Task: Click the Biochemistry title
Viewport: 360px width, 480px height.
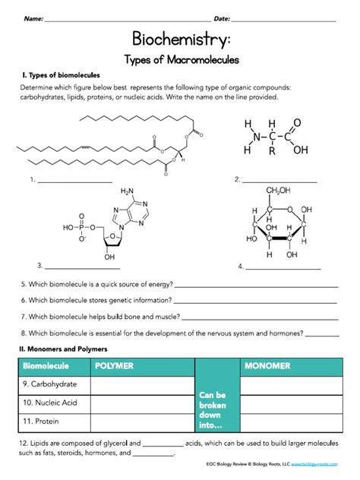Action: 179,39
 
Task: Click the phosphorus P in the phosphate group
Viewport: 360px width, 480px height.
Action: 84,226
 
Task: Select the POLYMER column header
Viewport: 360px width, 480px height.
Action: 113,366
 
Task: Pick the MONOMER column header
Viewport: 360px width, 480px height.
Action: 267,366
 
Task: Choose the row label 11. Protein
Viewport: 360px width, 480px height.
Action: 42,419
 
